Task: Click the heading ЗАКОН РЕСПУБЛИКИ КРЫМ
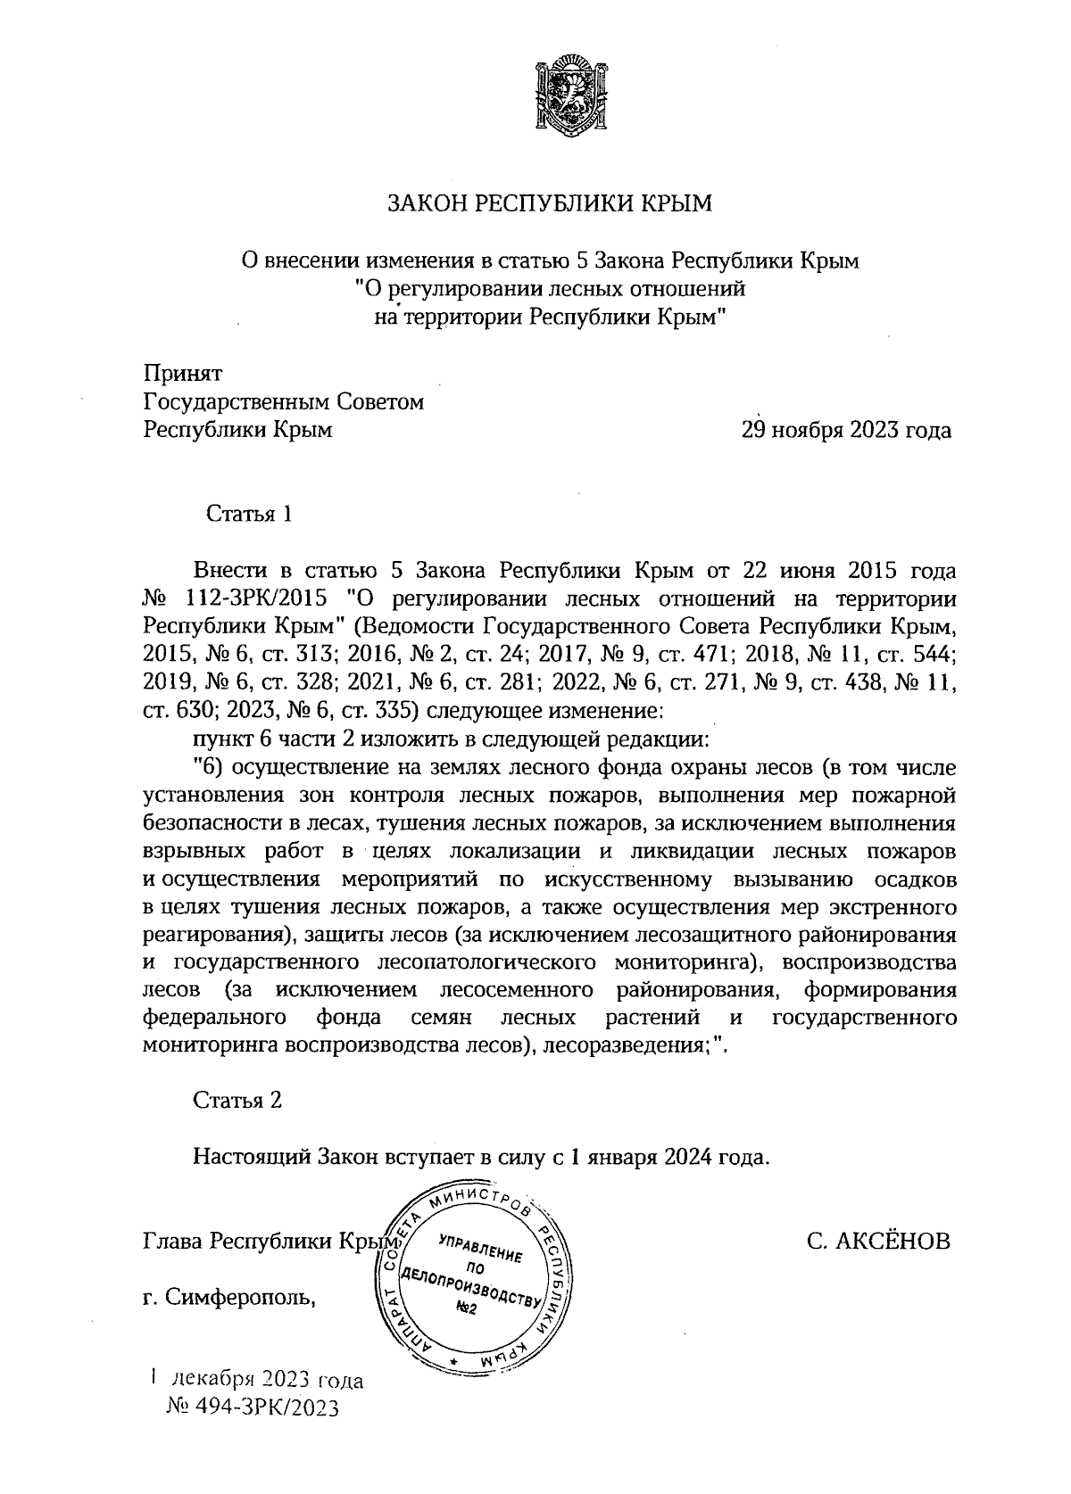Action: pyautogui.click(x=551, y=204)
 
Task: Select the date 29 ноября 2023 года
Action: pyautogui.click(x=844, y=431)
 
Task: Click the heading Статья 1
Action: pyautogui.click(x=249, y=515)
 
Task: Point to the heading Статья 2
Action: pyautogui.click(x=238, y=1101)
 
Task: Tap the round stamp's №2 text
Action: pyautogui.click(x=467, y=1308)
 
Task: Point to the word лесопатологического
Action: pyautogui.click(x=487, y=963)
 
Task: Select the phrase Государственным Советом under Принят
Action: pyautogui.click(x=284, y=402)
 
